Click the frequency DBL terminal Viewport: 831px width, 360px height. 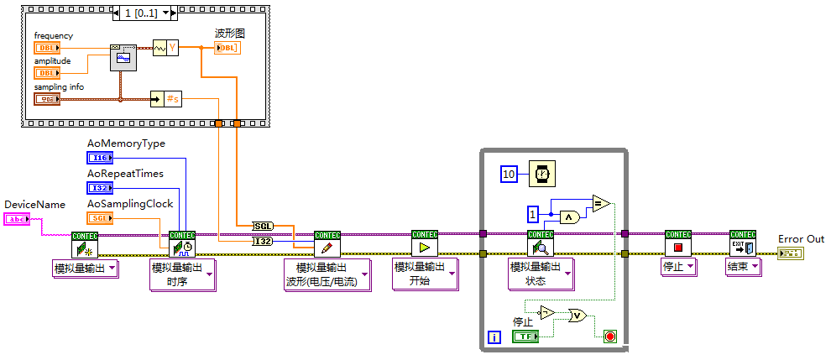click(46, 48)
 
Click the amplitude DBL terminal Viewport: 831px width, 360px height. click(46, 73)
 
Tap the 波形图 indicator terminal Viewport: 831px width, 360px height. click(227, 48)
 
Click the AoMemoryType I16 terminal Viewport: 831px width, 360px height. click(99, 157)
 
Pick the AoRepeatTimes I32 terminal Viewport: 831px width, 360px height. click(99, 187)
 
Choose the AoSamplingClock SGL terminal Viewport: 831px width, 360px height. click(99, 217)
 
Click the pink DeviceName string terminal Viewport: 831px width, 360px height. click(18, 219)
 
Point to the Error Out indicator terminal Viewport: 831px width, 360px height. click(789, 253)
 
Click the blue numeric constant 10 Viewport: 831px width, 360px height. click(509, 174)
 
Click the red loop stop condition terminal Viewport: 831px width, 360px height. click(609, 337)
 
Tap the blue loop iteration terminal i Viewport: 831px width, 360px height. click(494, 337)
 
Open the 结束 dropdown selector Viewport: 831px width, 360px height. click(743, 267)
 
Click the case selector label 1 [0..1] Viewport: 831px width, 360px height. click(144, 13)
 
